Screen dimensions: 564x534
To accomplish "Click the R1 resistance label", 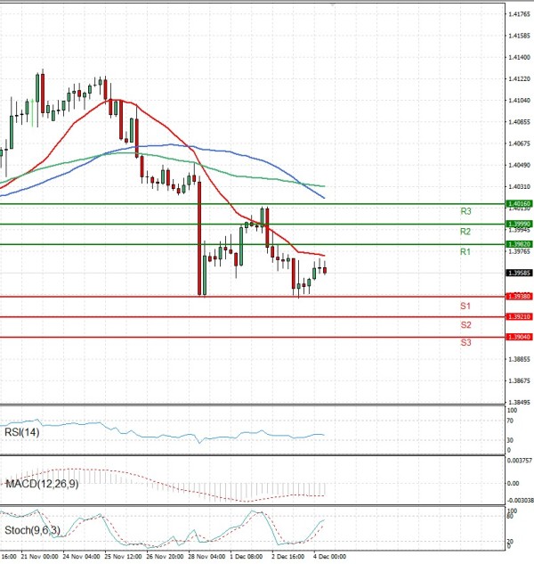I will click(465, 253).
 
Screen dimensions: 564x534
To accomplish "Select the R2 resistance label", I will click(465, 232).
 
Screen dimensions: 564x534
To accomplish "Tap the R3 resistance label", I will click(465, 211).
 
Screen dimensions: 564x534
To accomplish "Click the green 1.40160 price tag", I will click(519, 204).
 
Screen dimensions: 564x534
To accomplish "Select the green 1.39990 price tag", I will click(519, 224).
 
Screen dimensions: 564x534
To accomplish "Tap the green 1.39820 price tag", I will click(519, 243).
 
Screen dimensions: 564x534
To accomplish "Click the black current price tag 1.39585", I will click(519, 273).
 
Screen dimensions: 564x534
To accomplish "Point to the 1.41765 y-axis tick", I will click(519, 14).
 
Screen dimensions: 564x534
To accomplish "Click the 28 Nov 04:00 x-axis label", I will click(206, 555).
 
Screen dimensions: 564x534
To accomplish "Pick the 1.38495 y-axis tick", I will click(519, 402).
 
